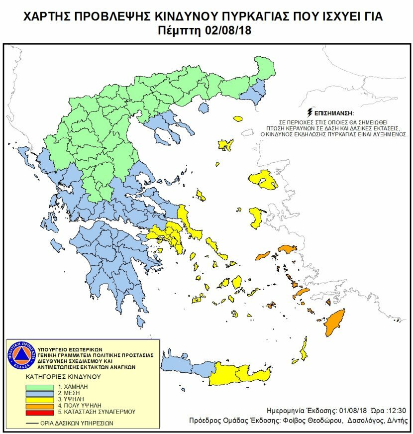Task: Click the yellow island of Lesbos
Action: pos(264,180)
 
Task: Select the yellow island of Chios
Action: pos(257,217)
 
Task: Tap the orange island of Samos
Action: pos(287,248)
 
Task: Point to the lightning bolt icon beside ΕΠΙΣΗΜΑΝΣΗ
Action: pos(311,113)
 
